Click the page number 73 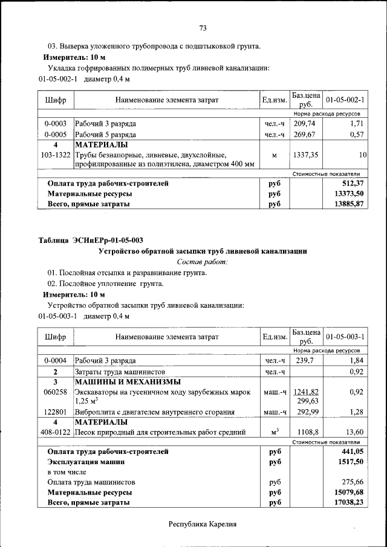[x=203, y=28]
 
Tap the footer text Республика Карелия [x=202, y=524]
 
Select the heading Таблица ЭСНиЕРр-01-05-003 [x=91, y=241]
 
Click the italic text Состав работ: [x=202, y=262]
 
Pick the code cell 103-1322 [x=55, y=155]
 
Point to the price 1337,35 [x=305, y=155]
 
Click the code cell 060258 [x=55, y=392]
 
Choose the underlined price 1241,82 [x=305, y=392]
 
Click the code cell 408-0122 [x=55, y=432]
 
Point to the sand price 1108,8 [x=307, y=432]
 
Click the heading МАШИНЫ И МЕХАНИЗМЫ [x=128, y=382]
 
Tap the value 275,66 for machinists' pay [x=353, y=482]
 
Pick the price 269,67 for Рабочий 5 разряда [x=305, y=135]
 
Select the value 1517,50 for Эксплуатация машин [x=352, y=462]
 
